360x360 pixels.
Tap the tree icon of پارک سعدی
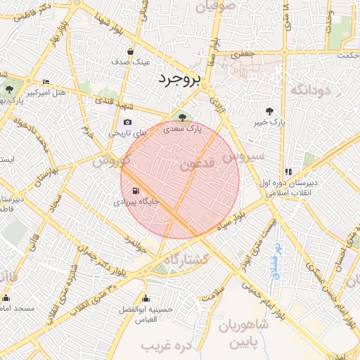pos(183,117)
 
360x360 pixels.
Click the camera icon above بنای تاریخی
pos(127,122)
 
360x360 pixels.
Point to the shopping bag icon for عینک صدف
pos(131,51)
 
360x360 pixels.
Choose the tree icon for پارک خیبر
pos(270,110)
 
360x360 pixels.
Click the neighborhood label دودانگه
pos(310,89)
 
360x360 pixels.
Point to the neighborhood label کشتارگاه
pos(186,259)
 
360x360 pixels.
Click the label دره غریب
pos(167,346)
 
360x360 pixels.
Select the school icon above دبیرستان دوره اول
pos(288,172)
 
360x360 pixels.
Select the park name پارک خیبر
pos(271,122)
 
